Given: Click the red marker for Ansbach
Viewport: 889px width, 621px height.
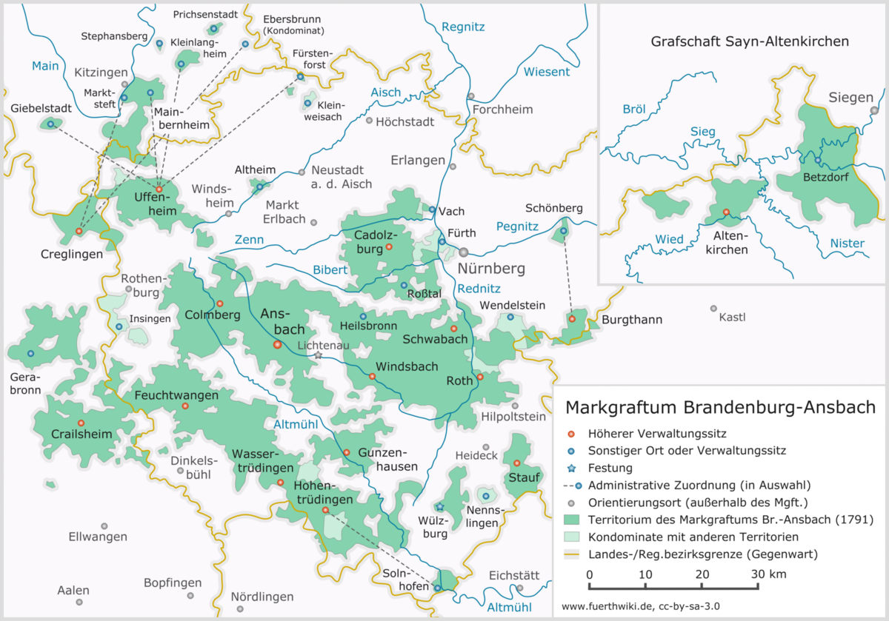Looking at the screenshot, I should (x=277, y=344).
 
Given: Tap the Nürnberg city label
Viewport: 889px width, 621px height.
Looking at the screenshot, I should (x=491, y=268).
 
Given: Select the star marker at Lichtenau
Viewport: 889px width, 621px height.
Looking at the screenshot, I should (x=318, y=355).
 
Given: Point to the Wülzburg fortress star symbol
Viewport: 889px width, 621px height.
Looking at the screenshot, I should (x=439, y=507).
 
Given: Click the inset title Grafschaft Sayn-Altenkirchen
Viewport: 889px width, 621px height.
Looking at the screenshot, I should (x=750, y=42).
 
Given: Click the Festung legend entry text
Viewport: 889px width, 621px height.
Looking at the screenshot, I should (x=610, y=468).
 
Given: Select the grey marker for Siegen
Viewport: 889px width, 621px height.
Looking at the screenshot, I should (x=874, y=110).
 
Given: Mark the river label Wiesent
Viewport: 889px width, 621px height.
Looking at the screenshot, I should (x=546, y=72).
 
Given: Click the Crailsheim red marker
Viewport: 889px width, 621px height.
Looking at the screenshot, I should (x=81, y=423).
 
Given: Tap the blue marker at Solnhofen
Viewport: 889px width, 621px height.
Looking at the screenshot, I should (x=437, y=588).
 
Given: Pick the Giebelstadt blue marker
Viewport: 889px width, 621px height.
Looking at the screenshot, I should (x=50, y=124).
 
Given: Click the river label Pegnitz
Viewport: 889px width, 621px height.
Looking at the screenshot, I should (x=517, y=226).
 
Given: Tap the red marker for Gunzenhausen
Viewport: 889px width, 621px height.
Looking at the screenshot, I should (x=347, y=452).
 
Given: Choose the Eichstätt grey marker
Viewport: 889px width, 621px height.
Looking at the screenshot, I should (x=520, y=588).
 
